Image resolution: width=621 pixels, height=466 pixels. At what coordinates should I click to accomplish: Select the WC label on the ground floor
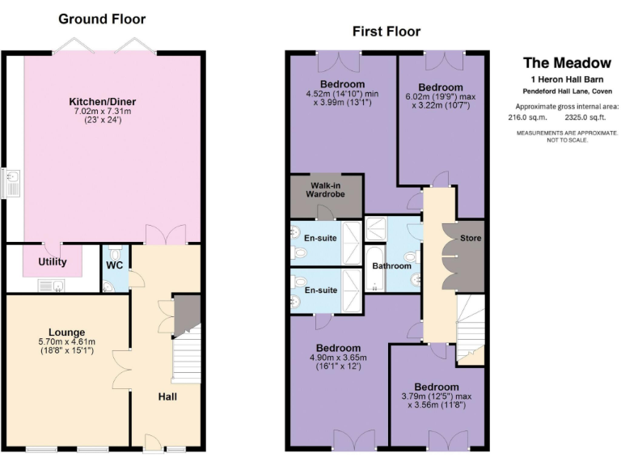(114, 264)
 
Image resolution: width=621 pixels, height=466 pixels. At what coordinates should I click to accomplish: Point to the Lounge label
(66, 332)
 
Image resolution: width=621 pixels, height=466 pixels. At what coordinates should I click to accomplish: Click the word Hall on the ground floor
(167, 396)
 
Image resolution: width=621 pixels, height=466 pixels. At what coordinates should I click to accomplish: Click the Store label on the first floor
(470, 239)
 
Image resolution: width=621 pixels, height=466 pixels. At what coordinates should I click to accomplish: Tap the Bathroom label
(391, 265)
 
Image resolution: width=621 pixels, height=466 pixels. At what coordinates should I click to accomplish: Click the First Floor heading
(386, 32)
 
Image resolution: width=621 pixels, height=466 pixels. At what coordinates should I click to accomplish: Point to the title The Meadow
(556, 62)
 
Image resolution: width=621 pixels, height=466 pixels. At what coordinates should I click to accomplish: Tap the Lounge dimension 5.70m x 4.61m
(66, 342)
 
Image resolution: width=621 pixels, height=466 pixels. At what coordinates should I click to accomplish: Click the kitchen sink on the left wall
(11, 183)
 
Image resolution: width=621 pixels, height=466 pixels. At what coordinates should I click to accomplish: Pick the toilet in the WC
(109, 285)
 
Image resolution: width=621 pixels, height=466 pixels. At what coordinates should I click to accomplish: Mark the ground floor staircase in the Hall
(186, 356)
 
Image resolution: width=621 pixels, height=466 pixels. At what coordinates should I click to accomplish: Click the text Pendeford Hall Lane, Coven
(566, 91)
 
